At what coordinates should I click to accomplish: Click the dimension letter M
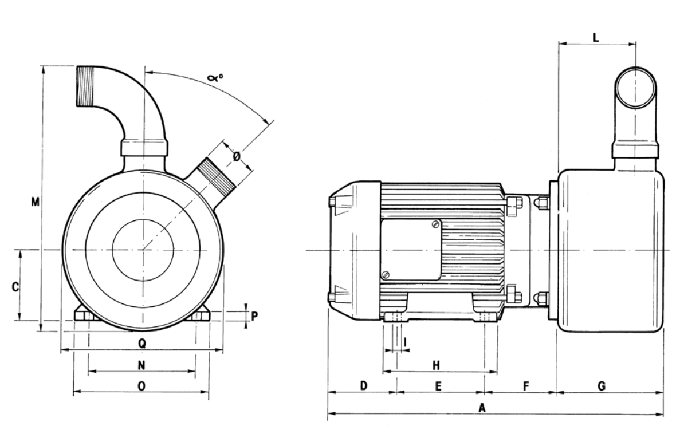coord(36,202)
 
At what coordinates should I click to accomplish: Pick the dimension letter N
coord(141,365)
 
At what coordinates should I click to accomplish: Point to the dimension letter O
coord(141,386)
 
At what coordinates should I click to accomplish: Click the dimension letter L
coord(596,38)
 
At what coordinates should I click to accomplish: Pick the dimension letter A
coord(482,407)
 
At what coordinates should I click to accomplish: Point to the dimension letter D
coord(363,386)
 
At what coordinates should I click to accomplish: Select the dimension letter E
coord(438,386)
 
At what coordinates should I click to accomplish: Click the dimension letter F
coord(525,386)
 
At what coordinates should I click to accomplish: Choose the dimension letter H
coord(435,365)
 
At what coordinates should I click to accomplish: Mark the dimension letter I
coord(406,342)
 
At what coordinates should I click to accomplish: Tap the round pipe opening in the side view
coord(636,86)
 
